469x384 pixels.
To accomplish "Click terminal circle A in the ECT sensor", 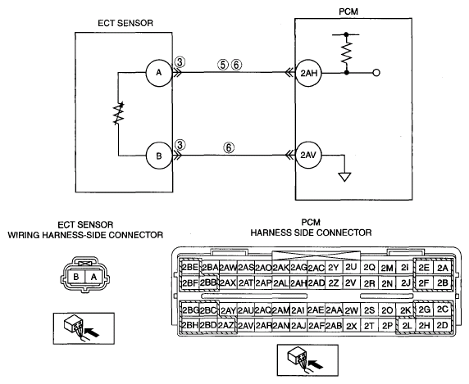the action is tap(159, 73).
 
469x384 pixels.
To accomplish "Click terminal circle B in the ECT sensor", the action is tap(159, 156).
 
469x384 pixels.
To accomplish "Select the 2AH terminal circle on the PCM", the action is tap(308, 73).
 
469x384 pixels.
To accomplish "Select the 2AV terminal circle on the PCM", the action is tap(308, 156).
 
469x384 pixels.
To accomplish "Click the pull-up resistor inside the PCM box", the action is tap(346, 52).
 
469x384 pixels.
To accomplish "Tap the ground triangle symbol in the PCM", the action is tap(344, 177).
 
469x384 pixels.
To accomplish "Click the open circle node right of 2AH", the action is tap(376, 73).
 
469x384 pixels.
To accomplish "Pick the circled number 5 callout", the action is tap(223, 65).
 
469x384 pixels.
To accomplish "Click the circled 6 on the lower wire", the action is tap(229, 147).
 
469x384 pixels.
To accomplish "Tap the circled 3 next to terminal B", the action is tap(180, 145).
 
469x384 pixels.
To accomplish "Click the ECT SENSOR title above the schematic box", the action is tap(125, 23).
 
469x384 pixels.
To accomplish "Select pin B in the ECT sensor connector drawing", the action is tap(76, 277).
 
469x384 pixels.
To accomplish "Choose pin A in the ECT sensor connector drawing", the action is tap(94, 277).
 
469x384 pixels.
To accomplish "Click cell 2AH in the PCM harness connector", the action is tap(298, 282).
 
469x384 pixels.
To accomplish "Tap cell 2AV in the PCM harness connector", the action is tap(246, 326).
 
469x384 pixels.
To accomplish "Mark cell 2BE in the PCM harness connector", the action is tap(190, 267).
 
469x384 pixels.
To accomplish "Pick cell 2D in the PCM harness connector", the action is tap(442, 325).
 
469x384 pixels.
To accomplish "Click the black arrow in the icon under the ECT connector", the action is tap(92, 332).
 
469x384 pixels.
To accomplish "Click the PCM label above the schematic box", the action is tap(348, 11).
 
